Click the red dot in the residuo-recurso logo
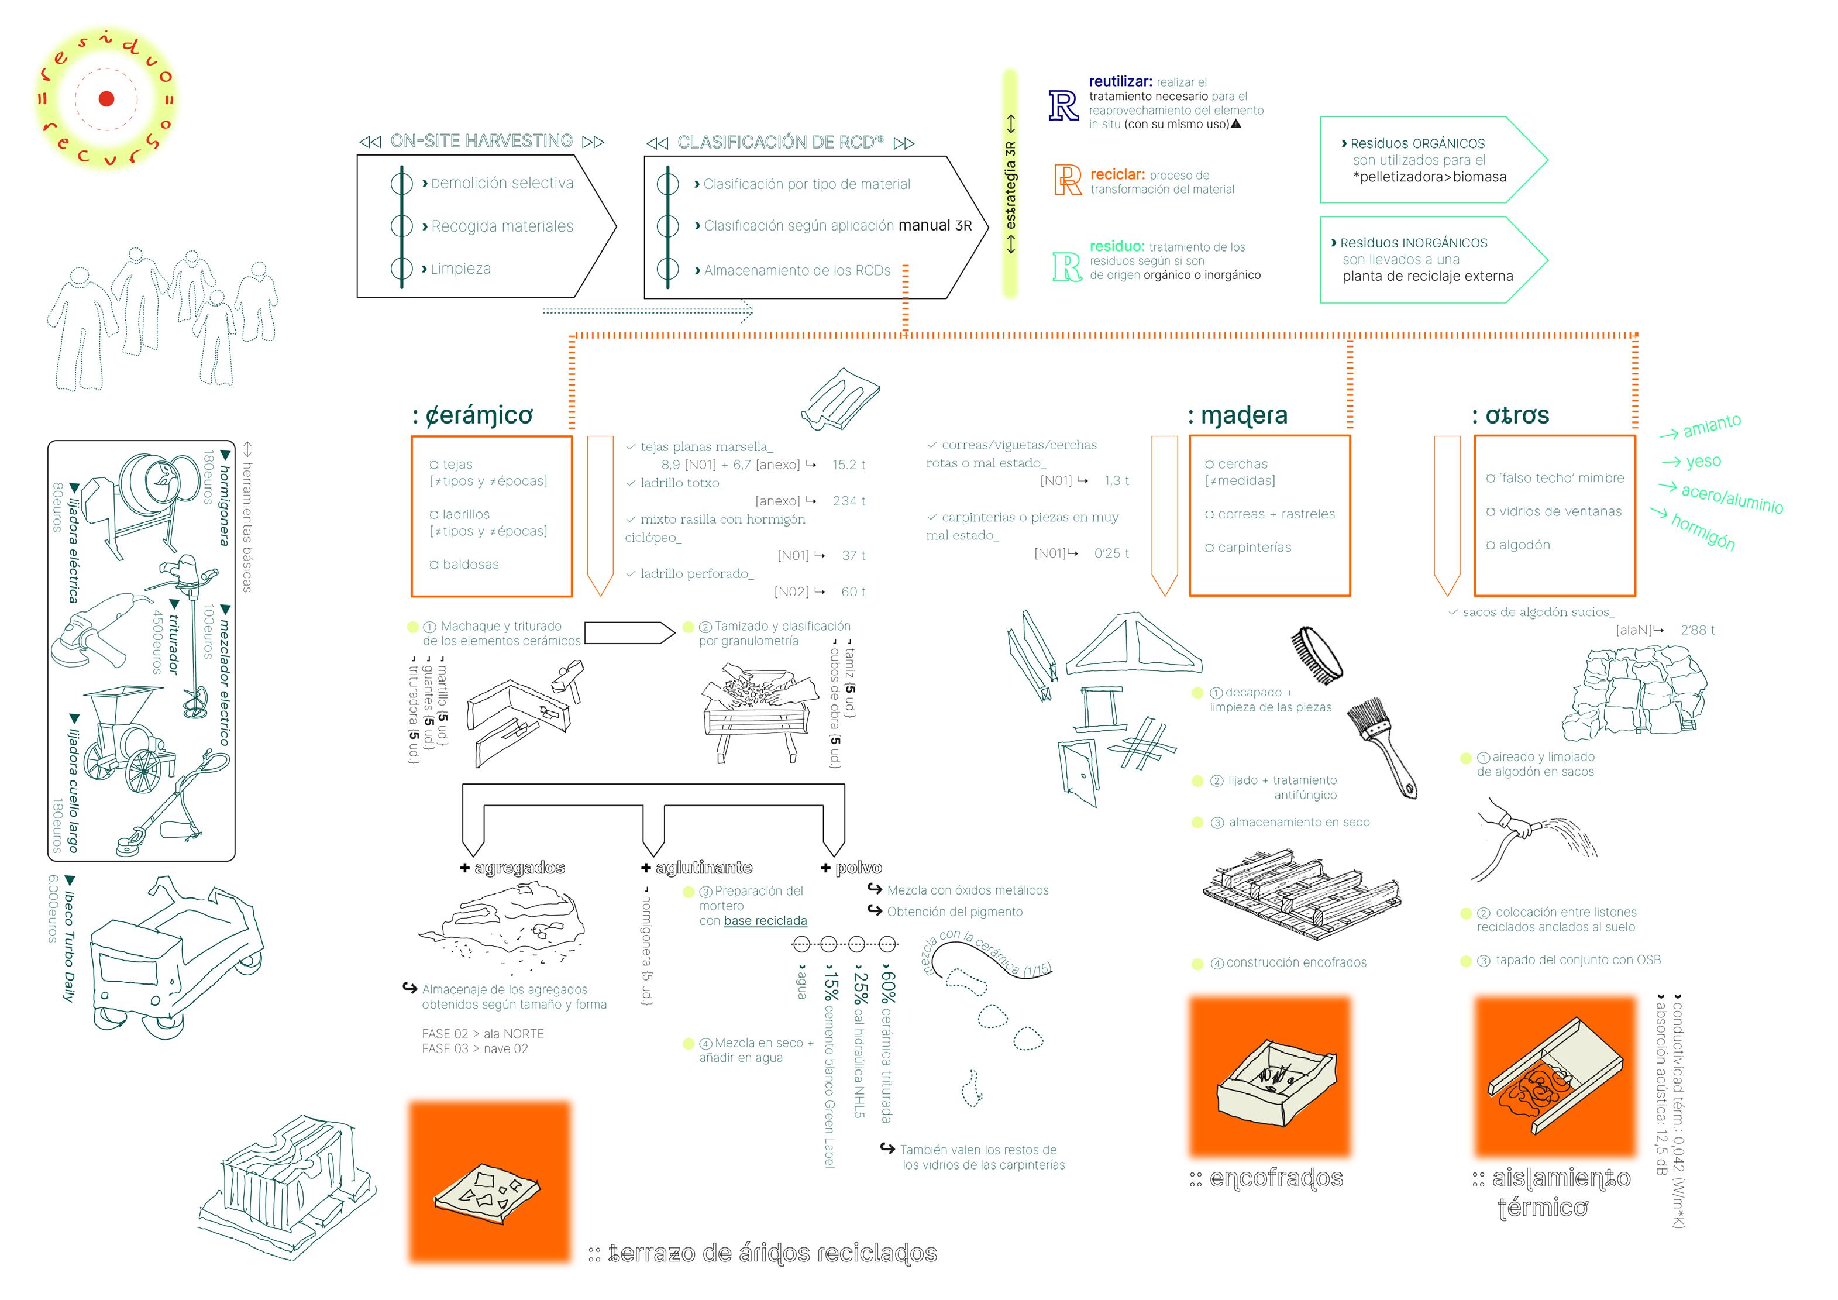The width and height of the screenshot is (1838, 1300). click(106, 98)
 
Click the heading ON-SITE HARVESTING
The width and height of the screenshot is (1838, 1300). click(481, 141)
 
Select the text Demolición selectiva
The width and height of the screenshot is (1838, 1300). click(502, 183)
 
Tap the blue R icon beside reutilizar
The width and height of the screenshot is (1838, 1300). click(1064, 106)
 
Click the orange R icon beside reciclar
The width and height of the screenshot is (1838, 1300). click(1067, 180)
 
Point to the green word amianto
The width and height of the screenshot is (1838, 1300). click(1712, 426)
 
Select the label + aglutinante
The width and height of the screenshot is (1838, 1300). click(697, 868)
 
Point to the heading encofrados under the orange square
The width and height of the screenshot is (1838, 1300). click(1275, 1178)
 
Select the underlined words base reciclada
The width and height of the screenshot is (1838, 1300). click(765, 921)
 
